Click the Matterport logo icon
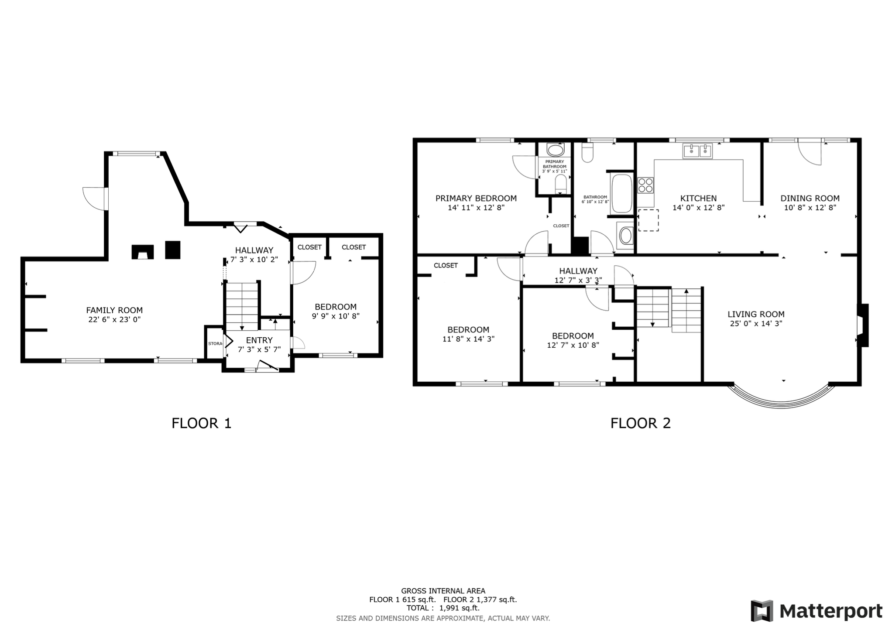(762, 611)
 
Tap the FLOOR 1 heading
(201, 423)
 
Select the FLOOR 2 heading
(640, 423)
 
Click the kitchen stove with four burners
(645, 185)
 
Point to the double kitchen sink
(697, 151)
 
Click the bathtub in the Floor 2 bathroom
(621, 193)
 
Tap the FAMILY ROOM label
(114, 310)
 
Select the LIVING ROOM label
(756, 314)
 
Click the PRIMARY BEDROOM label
(476, 199)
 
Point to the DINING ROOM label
(810, 199)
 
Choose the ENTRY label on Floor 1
(259, 340)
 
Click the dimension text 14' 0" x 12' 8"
(698, 208)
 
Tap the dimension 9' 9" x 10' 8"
(336, 316)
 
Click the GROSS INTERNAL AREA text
(443, 591)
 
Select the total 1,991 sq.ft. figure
(459, 608)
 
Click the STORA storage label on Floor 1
(215, 344)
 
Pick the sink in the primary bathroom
(556, 151)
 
